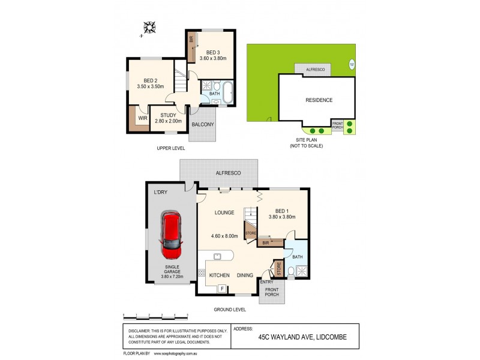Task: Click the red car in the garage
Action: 171,233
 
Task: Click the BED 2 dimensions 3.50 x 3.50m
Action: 150,87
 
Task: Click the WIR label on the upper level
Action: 142,119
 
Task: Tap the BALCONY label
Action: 202,124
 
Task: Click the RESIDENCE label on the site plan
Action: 319,100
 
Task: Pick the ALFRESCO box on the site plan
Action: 315,70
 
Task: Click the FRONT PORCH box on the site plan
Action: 338,125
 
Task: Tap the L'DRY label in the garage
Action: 160,192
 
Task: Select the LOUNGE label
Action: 225,212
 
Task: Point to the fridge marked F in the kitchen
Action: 223,289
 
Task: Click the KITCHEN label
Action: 220,275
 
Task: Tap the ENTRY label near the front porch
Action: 266,282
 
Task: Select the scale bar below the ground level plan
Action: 155,315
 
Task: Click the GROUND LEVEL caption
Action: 230,310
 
